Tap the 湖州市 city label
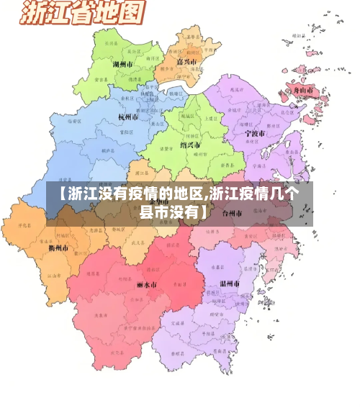(124, 64)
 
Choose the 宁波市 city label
(254, 134)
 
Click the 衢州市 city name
(58, 248)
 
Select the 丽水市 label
(146, 285)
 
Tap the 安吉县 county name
(100, 80)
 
